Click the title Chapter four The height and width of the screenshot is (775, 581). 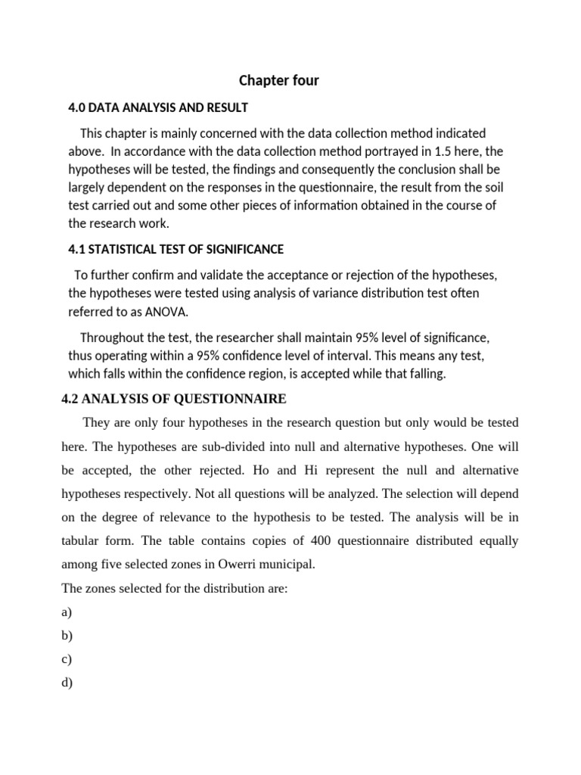click(x=279, y=80)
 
